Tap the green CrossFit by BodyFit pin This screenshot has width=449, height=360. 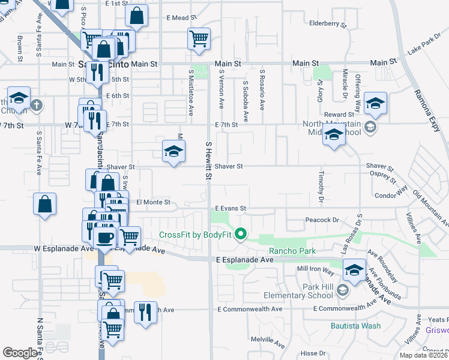(241, 234)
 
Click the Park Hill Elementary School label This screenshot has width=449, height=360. (298, 290)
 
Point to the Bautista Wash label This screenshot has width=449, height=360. (355, 326)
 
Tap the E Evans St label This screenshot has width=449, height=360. (231, 208)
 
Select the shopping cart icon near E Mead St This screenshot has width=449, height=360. (199, 38)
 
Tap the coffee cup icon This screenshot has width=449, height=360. (106, 236)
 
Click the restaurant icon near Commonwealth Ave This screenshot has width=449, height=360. (145, 312)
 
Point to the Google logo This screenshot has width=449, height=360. (20, 353)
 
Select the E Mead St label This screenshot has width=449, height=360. (177, 18)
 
